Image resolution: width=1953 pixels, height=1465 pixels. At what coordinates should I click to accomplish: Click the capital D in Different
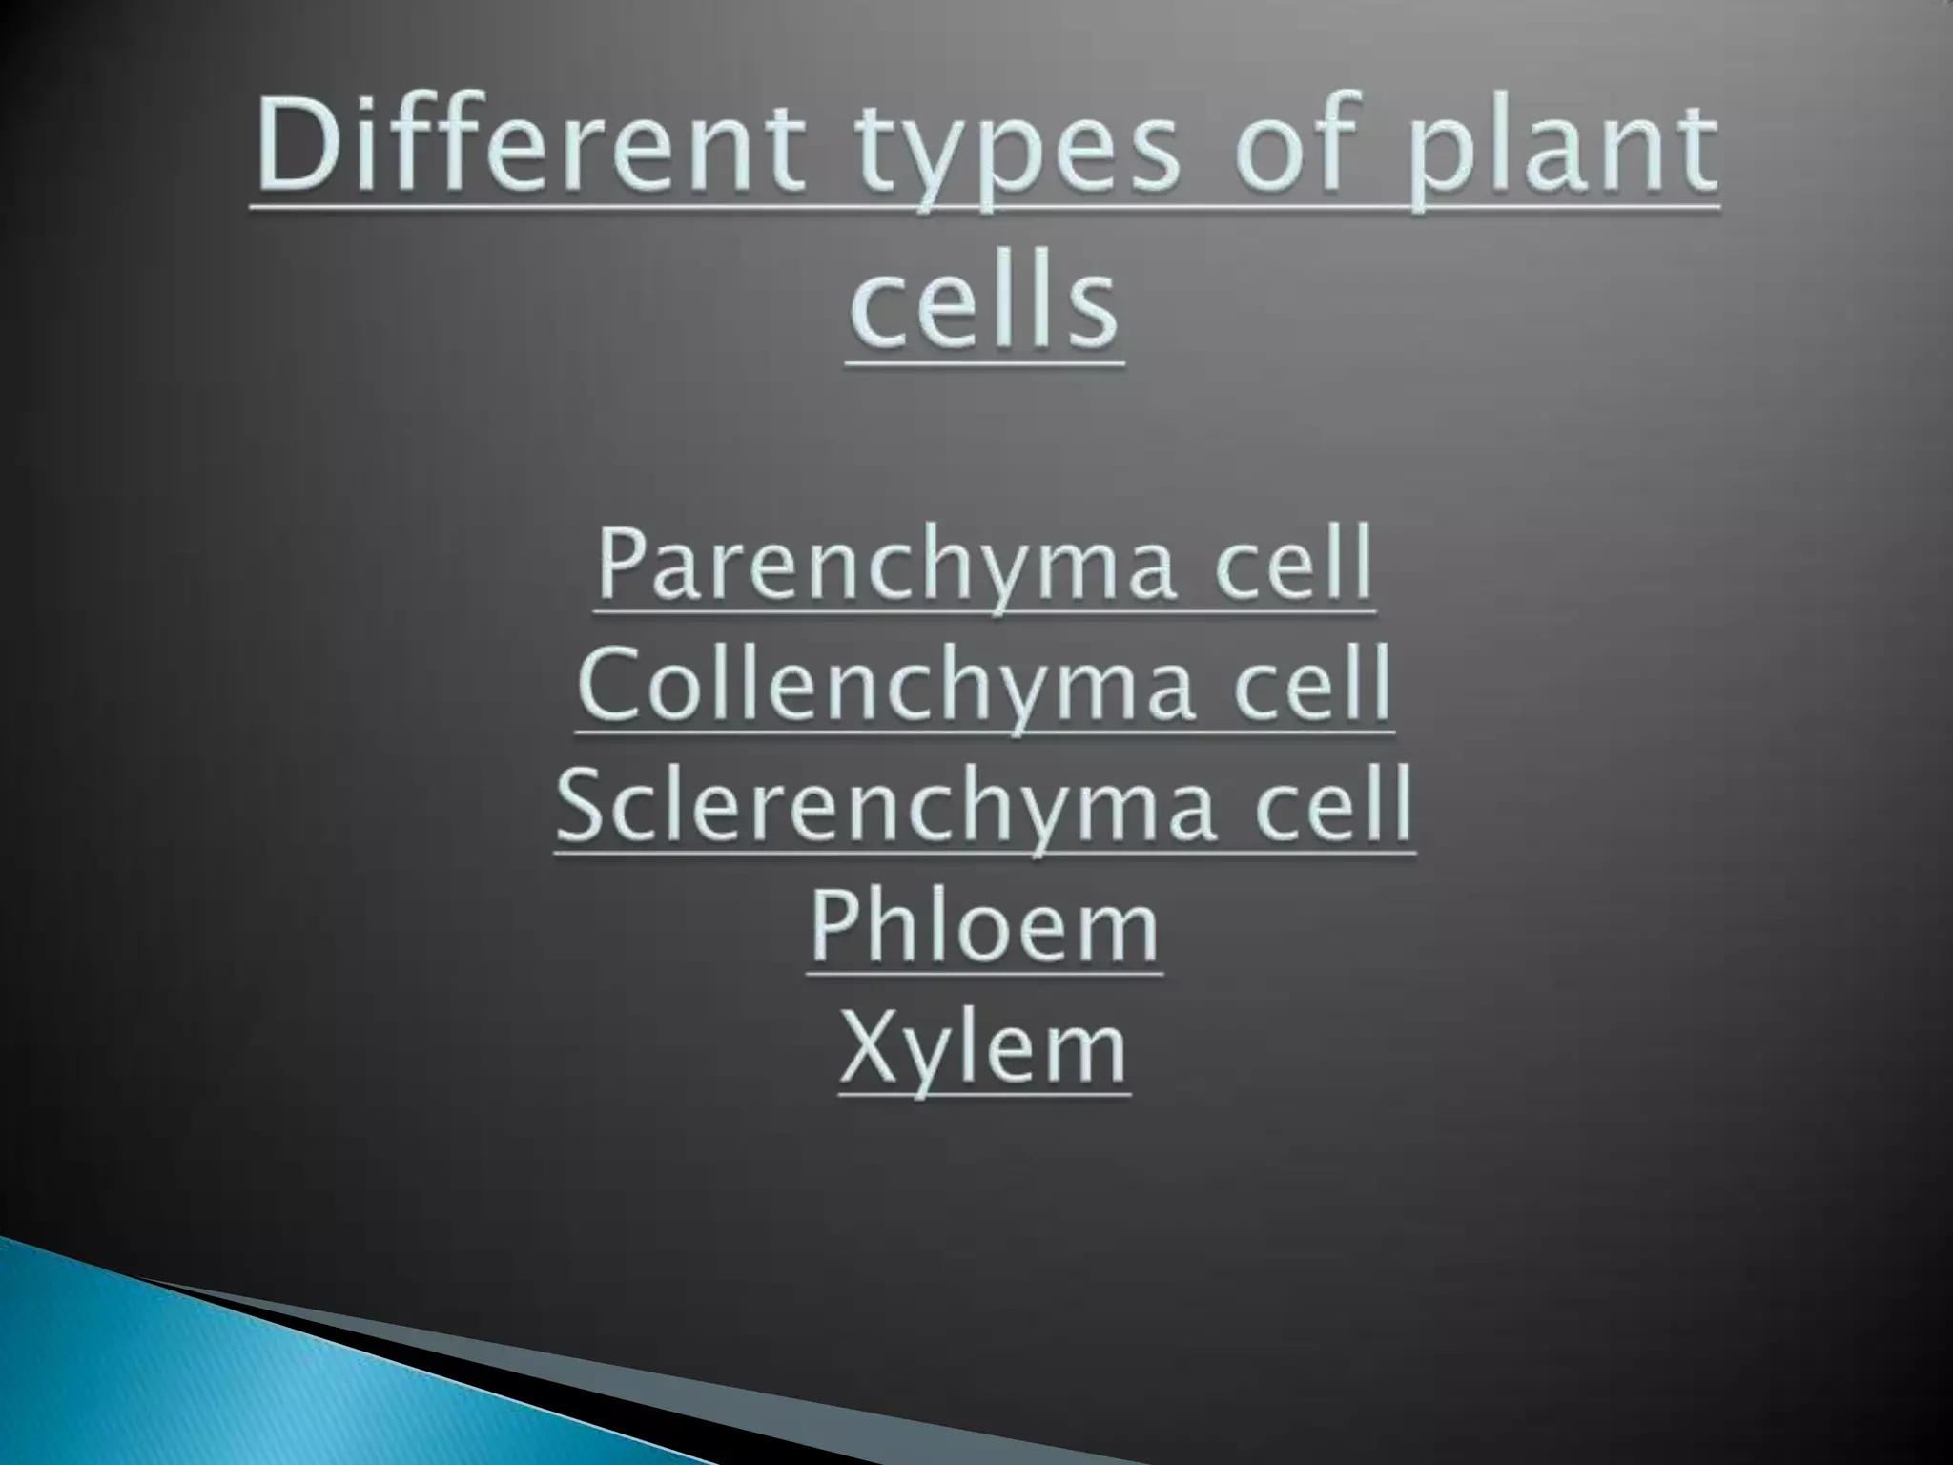point(295,151)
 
